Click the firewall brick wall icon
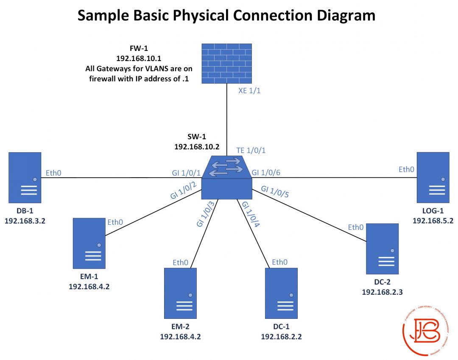[x=226, y=63]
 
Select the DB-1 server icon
[x=25, y=177]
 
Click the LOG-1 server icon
[x=433, y=177]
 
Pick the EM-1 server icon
[x=89, y=243]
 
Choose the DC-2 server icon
[x=383, y=249]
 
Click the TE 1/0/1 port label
[x=251, y=151]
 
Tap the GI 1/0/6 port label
[x=266, y=173]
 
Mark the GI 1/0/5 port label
[x=275, y=192]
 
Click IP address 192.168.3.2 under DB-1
[x=25, y=221]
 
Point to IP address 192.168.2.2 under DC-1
[x=282, y=337]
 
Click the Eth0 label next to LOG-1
[x=406, y=170]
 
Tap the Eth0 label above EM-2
[x=180, y=262]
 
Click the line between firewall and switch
[x=226, y=119]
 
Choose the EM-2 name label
[x=181, y=327]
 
